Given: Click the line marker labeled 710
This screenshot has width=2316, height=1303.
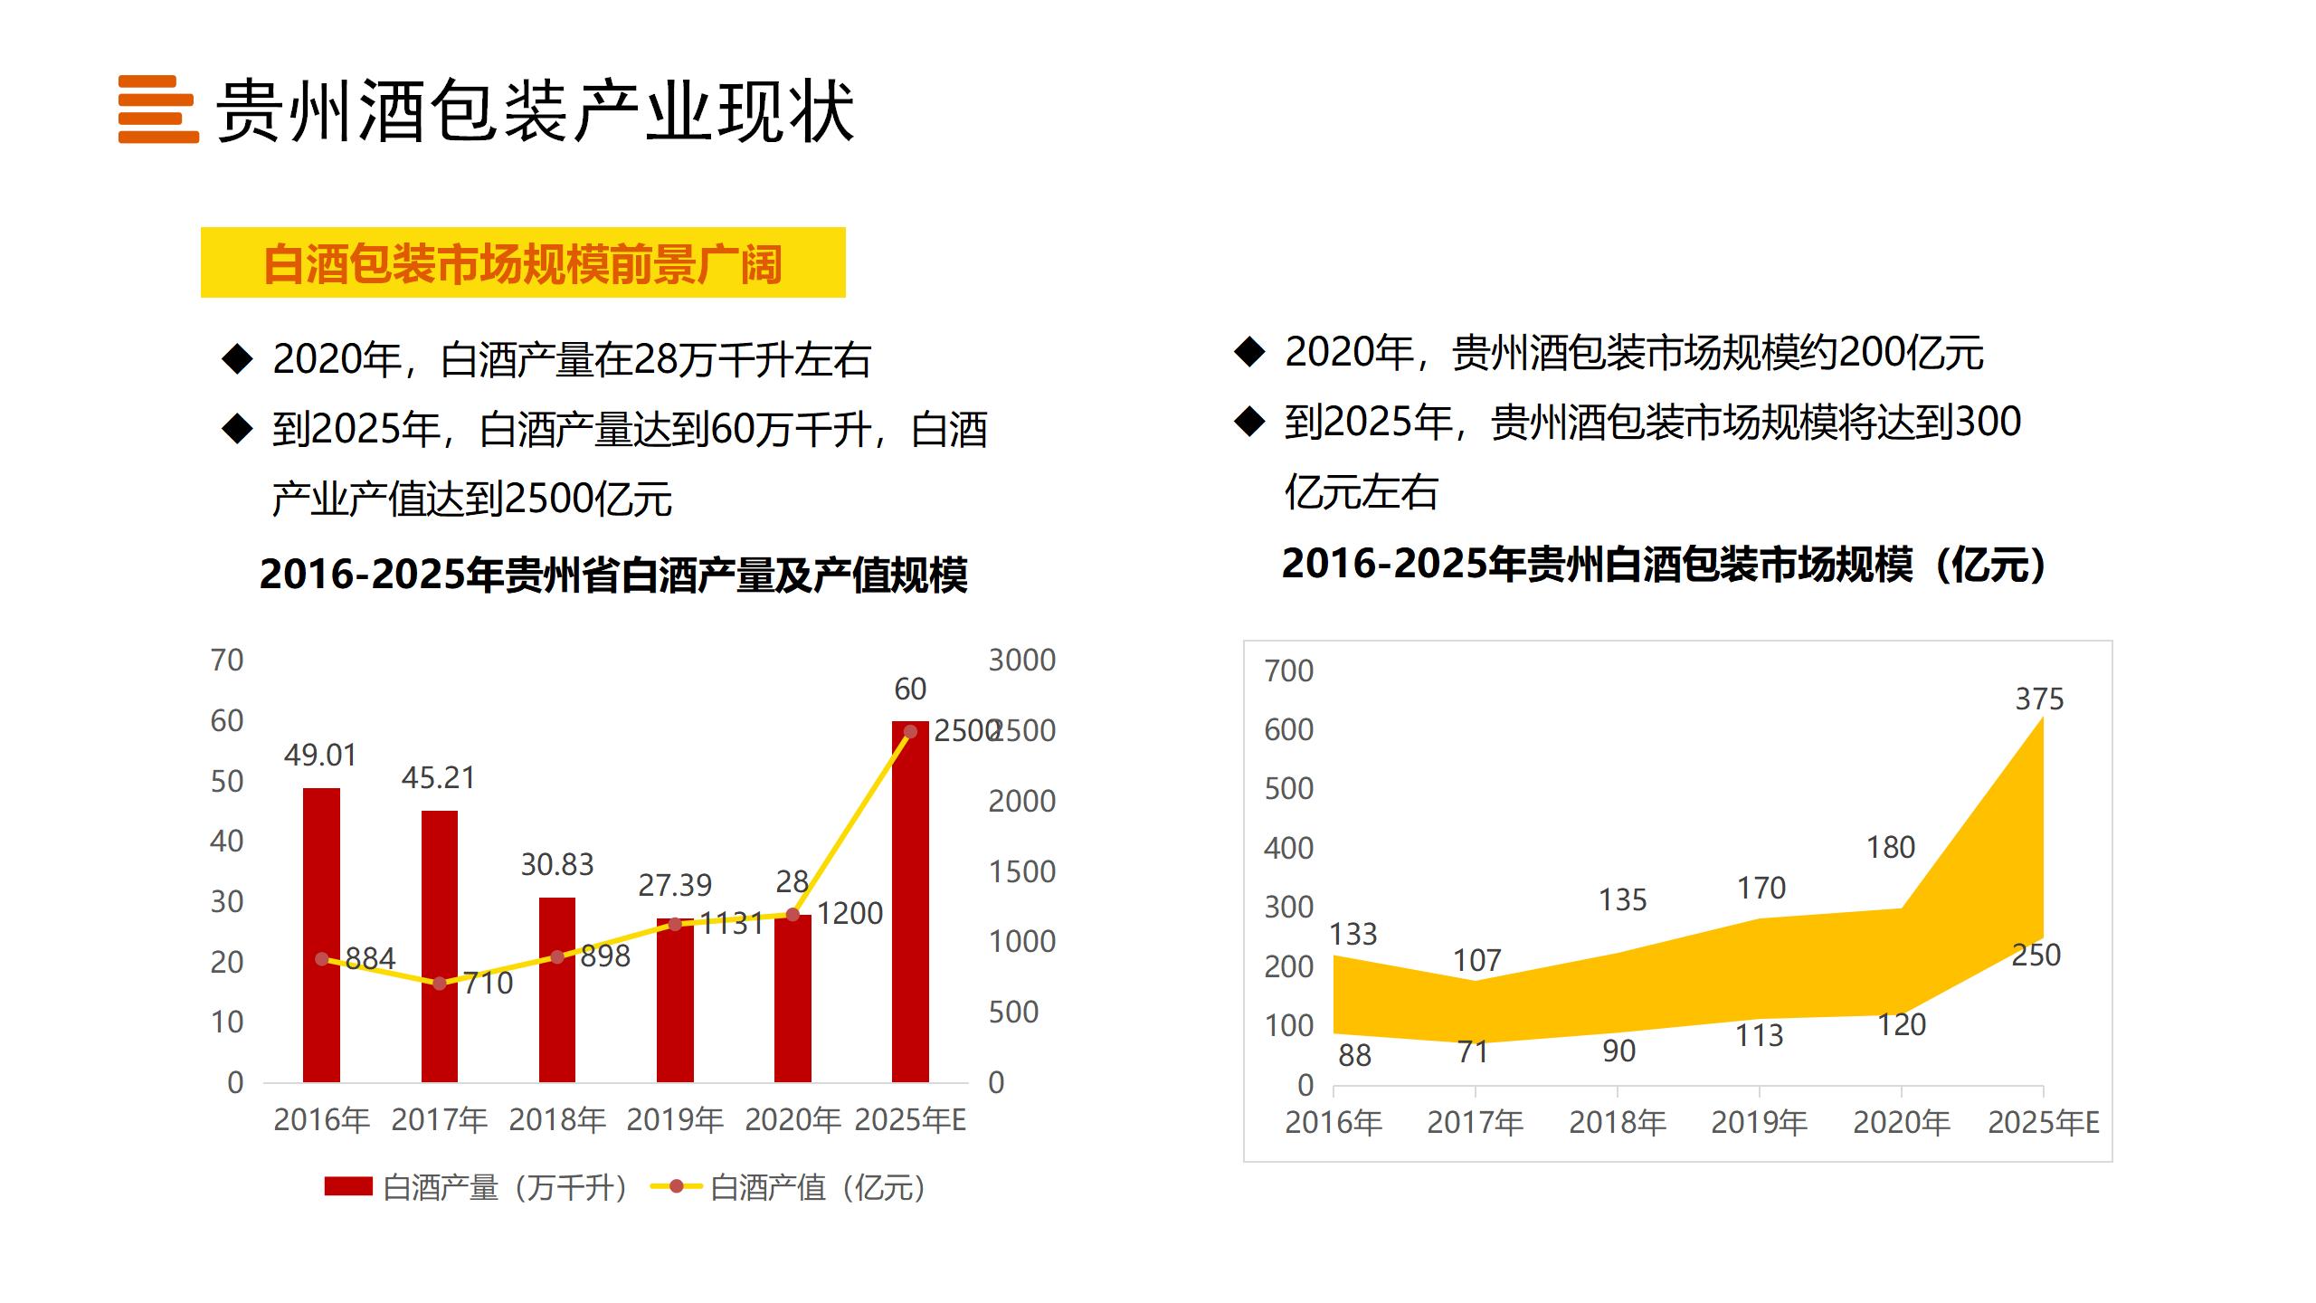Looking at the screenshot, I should tap(440, 984).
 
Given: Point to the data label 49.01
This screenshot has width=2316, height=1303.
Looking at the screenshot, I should tap(320, 755).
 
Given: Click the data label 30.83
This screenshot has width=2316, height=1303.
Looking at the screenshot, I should tap(557, 864).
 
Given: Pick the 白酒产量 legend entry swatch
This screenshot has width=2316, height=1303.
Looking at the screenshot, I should tap(348, 1186).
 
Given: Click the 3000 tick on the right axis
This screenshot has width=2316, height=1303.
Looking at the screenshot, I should tap(1022, 660).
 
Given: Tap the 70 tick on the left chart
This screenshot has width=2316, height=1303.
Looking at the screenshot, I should tap(227, 660).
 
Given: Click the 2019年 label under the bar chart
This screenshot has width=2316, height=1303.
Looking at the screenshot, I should tap(675, 1120).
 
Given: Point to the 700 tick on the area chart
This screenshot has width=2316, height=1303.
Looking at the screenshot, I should tap(1289, 671).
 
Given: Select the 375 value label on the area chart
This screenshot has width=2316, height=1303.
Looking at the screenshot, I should tap(2039, 699).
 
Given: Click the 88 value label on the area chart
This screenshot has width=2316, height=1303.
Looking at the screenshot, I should tap(1354, 1055).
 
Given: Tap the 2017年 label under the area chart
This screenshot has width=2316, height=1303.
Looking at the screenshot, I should tap(1476, 1122).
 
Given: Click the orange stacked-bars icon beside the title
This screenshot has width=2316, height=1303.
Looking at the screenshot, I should tap(158, 109).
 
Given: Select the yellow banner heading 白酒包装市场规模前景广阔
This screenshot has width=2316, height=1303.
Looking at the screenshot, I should tap(523, 263).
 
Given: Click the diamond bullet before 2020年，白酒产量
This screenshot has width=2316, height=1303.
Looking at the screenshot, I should tap(237, 358).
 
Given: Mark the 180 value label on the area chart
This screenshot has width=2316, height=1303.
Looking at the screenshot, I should tap(1891, 847).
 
